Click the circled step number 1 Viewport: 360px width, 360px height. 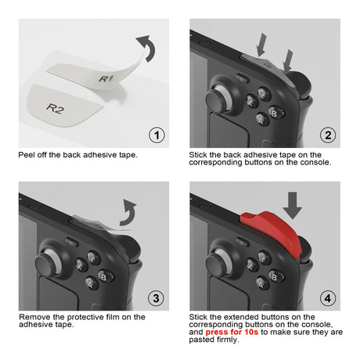[x=157, y=135]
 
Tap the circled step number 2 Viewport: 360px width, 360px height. [x=328, y=135]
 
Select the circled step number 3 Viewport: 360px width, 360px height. [x=156, y=298]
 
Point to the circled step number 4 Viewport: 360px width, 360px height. [x=328, y=298]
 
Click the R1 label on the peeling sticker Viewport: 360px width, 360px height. [x=106, y=78]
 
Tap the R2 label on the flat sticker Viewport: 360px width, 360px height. [x=55, y=108]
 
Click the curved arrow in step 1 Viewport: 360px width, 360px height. [x=147, y=47]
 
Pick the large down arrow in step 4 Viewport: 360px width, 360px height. [x=293, y=205]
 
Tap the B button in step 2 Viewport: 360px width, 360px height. [x=275, y=113]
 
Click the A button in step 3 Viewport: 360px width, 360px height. [x=91, y=283]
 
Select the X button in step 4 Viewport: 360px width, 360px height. [x=251, y=265]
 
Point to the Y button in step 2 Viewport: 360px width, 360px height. [x=264, y=94]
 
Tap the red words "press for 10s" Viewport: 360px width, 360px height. [x=232, y=332]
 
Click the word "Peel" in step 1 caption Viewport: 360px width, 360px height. [x=26, y=155]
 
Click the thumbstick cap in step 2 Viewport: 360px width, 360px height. [x=218, y=100]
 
